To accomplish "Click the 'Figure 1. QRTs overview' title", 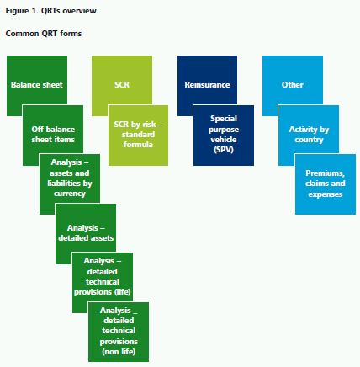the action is [50, 11].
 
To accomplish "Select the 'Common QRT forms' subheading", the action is [44, 34].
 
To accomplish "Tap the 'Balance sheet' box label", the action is [37, 85].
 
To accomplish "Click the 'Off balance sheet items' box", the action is [53, 135].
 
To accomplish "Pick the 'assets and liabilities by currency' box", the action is [70, 184].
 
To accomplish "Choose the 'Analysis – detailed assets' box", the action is [86, 234].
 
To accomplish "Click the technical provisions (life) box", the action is [103, 283].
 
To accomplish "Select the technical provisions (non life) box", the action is [119, 332].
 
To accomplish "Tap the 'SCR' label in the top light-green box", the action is [122, 85].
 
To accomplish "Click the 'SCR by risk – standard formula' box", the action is [138, 136].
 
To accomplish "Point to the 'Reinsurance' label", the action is [207, 85].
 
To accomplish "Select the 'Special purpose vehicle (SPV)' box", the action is [224, 136].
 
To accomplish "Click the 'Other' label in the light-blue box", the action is [293, 85].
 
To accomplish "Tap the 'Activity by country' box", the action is [309, 135].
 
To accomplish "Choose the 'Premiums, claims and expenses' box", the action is [326, 184].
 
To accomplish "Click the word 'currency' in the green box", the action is [70, 194].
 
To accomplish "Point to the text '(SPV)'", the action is [224, 150].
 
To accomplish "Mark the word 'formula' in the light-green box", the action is [138, 145].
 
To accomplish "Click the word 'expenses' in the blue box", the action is [326, 194].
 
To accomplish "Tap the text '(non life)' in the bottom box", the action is [119, 352].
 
